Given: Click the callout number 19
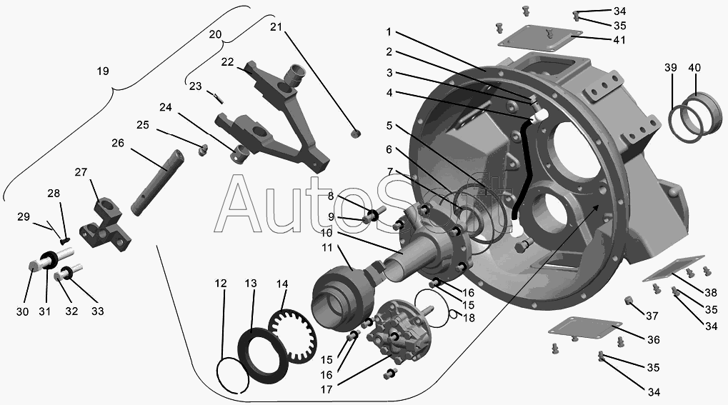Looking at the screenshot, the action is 103,71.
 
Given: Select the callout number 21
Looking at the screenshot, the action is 276,27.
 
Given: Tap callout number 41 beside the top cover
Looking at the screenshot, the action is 618,40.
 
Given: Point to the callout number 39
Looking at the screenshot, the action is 671,67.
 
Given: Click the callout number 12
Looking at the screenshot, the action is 221,284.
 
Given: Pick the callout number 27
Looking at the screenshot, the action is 81,172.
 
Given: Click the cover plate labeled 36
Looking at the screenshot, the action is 582,329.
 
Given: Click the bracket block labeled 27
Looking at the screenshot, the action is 104,221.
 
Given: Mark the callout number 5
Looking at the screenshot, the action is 389,126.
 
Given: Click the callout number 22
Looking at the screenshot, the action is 227,61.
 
